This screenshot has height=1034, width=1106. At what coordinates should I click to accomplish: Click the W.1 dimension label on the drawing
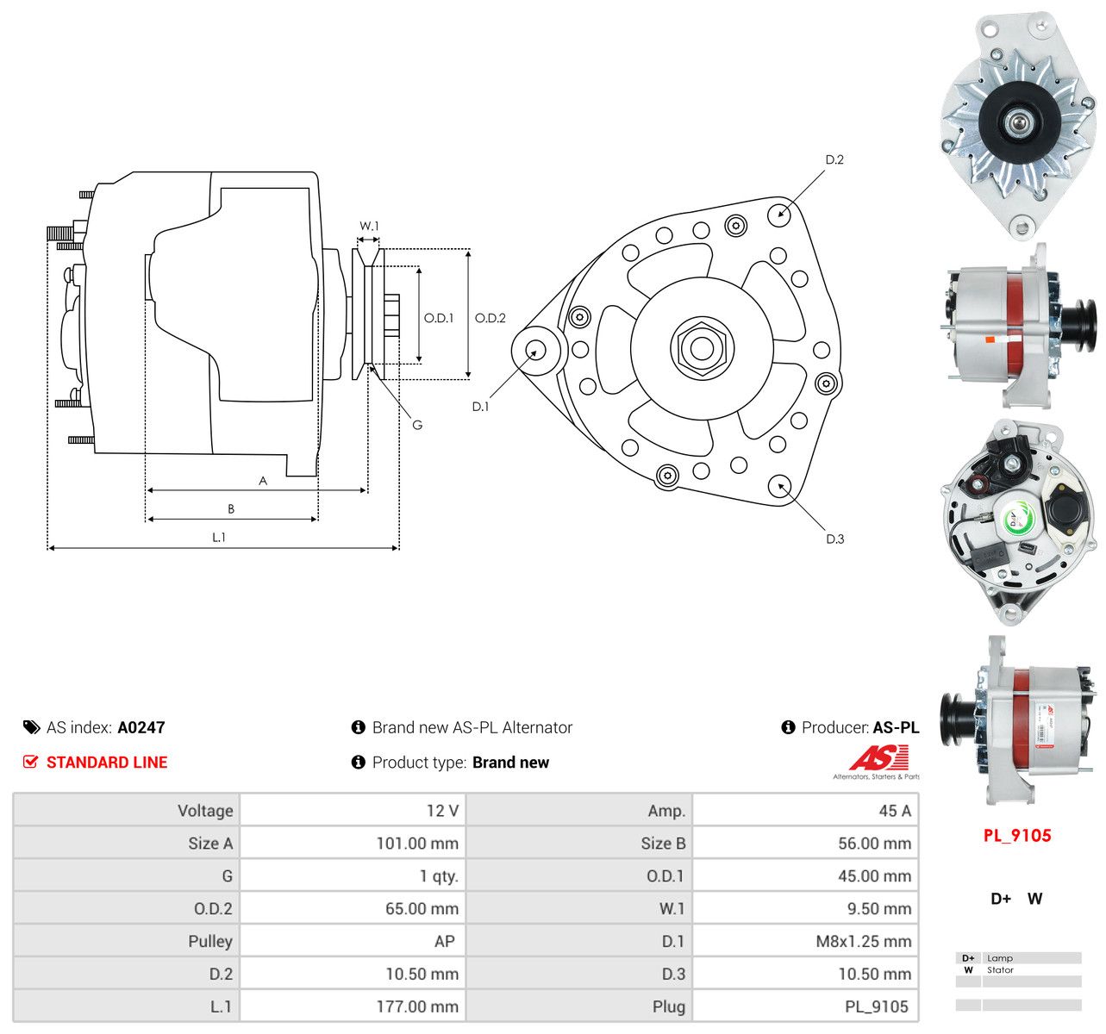369,226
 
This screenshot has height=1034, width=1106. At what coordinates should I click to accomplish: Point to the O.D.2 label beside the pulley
490,318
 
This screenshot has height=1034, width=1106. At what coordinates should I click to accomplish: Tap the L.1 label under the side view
219,538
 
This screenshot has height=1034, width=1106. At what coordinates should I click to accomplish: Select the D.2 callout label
834,159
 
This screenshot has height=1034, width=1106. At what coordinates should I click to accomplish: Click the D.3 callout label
834,539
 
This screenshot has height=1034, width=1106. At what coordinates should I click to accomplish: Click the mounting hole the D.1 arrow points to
535,350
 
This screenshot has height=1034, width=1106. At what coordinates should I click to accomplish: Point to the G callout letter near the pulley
417,425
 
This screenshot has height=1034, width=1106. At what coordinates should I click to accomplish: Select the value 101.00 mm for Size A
417,844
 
